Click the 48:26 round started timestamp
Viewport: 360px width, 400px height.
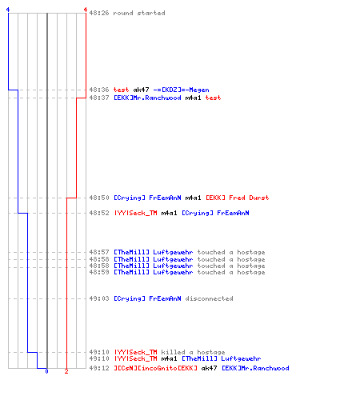(99, 13)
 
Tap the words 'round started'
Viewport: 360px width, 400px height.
(139, 13)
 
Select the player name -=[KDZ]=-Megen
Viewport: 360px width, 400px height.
(181, 90)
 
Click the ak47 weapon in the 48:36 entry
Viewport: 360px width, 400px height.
(141, 90)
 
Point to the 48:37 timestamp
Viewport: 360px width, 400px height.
(99, 98)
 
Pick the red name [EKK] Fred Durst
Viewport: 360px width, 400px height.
(237, 198)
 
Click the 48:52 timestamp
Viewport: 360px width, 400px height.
(99, 213)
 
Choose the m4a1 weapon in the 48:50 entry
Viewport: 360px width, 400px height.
(193, 198)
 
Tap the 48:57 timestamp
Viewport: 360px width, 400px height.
(99, 252)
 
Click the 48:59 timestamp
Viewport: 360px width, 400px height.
(99, 272)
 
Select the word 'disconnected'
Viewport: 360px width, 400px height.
(209, 298)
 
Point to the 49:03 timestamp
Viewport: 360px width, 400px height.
(99, 298)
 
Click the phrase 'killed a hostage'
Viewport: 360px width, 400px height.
(193, 352)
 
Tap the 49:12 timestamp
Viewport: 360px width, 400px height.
(99, 368)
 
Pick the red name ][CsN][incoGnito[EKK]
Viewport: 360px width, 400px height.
(155, 368)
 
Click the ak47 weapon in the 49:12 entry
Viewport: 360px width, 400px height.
(209, 368)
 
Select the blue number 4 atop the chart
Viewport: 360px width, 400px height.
(8, 10)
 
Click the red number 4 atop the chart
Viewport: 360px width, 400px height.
(86, 10)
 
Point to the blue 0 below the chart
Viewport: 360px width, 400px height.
(46, 371)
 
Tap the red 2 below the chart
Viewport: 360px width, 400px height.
(66, 371)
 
